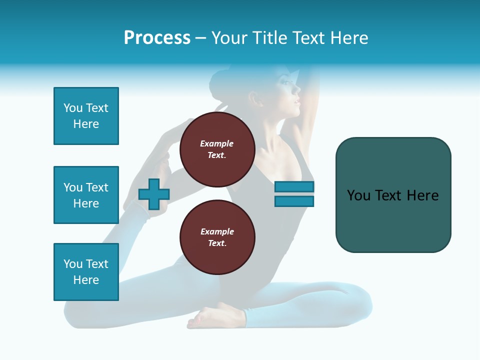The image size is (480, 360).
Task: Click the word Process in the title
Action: (x=157, y=38)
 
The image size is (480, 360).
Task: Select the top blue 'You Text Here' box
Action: (x=86, y=116)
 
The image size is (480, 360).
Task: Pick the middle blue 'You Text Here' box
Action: (x=86, y=195)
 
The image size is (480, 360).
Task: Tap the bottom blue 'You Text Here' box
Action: (x=86, y=272)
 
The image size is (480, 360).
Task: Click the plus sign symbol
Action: (x=154, y=194)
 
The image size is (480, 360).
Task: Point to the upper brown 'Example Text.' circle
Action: (x=217, y=149)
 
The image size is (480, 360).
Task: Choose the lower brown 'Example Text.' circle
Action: (x=217, y=237)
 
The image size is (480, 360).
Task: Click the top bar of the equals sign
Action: (x=294, y=187)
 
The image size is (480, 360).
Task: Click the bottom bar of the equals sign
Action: (x=294, y=201)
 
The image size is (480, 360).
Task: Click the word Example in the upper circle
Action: (x=217, y=143)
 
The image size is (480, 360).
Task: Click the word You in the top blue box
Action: (x=72, y=108)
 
